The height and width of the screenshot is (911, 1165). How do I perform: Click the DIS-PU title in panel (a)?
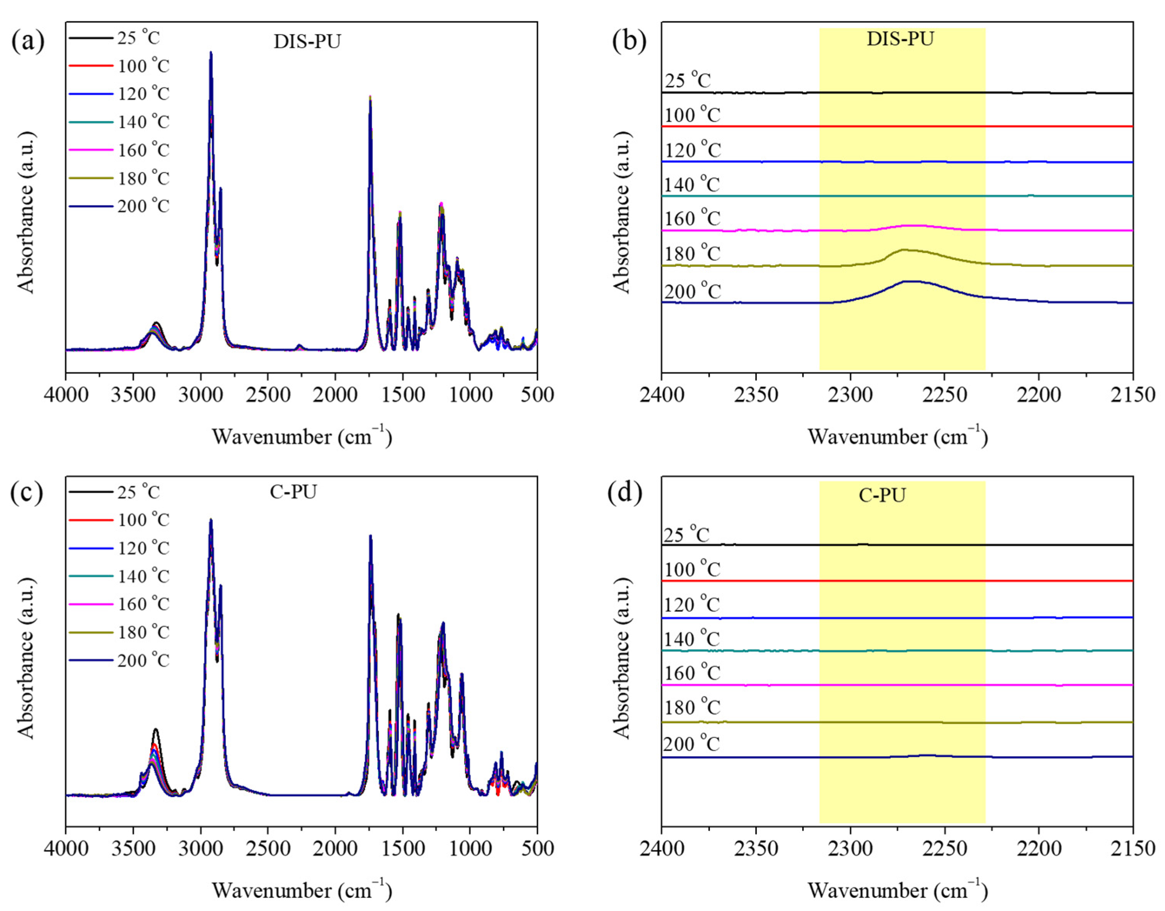307,42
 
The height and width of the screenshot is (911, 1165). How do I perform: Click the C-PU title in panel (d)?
882,496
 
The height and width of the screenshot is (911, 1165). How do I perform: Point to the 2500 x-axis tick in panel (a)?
268,395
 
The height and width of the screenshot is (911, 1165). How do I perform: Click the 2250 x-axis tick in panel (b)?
944,395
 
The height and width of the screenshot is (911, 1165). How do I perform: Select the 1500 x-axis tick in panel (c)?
402,848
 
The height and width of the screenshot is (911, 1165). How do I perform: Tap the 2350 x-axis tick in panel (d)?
756,848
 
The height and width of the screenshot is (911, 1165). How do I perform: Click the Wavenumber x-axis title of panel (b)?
897,437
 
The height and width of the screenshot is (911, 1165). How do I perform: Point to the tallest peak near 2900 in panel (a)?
211,53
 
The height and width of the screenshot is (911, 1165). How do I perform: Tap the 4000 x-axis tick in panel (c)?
66,848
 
